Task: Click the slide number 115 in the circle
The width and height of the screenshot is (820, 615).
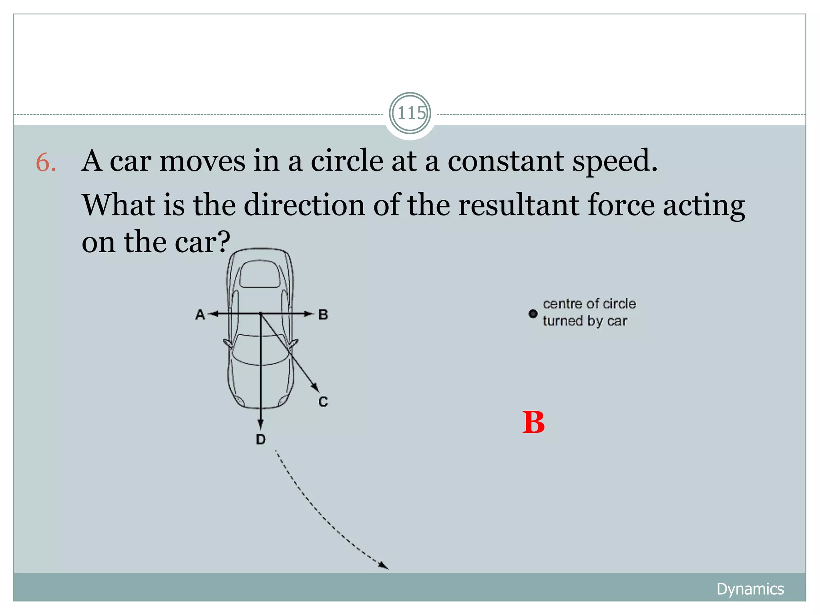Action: click(x=410, y=113)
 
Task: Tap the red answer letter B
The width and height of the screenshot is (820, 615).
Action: click(x=533, y=423)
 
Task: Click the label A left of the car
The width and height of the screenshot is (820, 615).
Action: click(x=200, y=315)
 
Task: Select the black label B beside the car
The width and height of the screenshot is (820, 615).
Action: click(x=323, y=315)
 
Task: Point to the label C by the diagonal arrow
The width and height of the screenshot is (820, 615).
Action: click(x=323, y=401)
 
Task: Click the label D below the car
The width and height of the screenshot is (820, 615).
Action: click(x=261, y=440)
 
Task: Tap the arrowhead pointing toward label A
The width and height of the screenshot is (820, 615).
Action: click(x=215, y=314)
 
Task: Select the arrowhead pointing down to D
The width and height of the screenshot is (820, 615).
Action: click(x=261, y=424)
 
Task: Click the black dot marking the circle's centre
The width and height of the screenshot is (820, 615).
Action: click(x=533, y=314)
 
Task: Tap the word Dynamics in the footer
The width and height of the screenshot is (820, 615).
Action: click(x=750, y=589)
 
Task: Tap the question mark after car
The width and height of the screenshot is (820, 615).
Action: click(x=222, y=242)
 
